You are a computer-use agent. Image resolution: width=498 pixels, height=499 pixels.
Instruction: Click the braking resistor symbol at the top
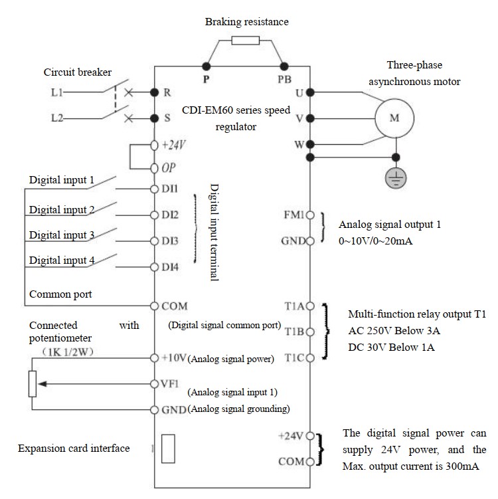tap(245, 41)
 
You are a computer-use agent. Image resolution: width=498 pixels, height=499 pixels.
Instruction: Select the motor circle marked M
tap(394, 118)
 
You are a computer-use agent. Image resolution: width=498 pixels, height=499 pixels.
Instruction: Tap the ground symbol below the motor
tap(397, 177)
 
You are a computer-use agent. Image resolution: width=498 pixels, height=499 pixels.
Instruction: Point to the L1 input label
tap(58, 92)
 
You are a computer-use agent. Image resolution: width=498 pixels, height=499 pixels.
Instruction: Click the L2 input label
tap(58, 119)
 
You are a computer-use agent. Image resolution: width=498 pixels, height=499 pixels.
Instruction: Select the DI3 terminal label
tap(169, 241)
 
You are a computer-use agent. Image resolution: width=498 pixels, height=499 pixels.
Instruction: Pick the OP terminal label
tap(168, 167)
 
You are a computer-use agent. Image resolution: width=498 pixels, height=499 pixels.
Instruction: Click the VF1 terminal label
tap(170, 383)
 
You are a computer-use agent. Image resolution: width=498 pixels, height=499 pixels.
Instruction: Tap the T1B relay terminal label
tap(293, 331)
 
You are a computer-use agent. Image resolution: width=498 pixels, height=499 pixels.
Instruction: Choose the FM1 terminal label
tap(293, 215)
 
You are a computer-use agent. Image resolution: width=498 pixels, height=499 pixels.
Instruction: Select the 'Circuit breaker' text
tap(78, 72)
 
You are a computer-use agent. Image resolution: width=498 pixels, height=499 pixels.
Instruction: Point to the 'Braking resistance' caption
tap(246, 22)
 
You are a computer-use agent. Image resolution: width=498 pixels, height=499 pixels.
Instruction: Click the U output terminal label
tap(299, 93)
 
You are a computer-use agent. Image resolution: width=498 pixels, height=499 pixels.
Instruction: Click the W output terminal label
tap(299, 144)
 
